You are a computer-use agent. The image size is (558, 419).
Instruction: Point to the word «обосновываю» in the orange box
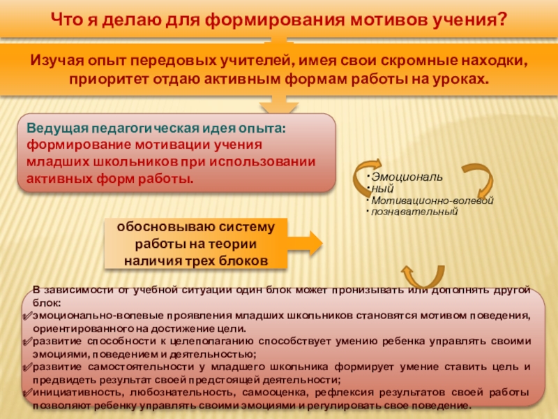(x=157, y=228)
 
